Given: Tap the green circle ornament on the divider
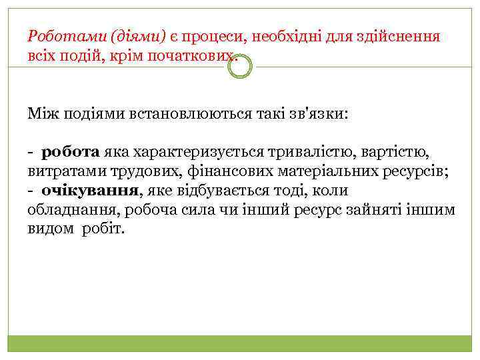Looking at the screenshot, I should pos(241,66).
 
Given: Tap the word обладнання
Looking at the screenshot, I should pos(67,210).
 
